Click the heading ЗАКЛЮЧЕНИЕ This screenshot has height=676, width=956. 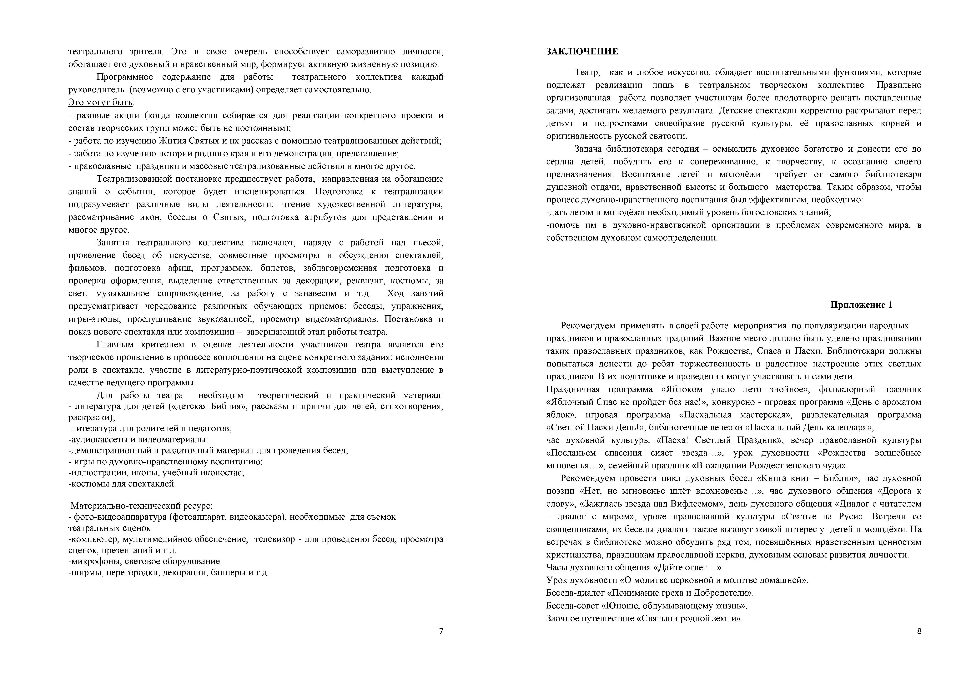(x=582, y=52)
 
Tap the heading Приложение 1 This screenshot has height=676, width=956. (x=861, y=305)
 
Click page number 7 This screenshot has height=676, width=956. (x=441, y=631)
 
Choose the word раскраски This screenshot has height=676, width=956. (x=91, y=417)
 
